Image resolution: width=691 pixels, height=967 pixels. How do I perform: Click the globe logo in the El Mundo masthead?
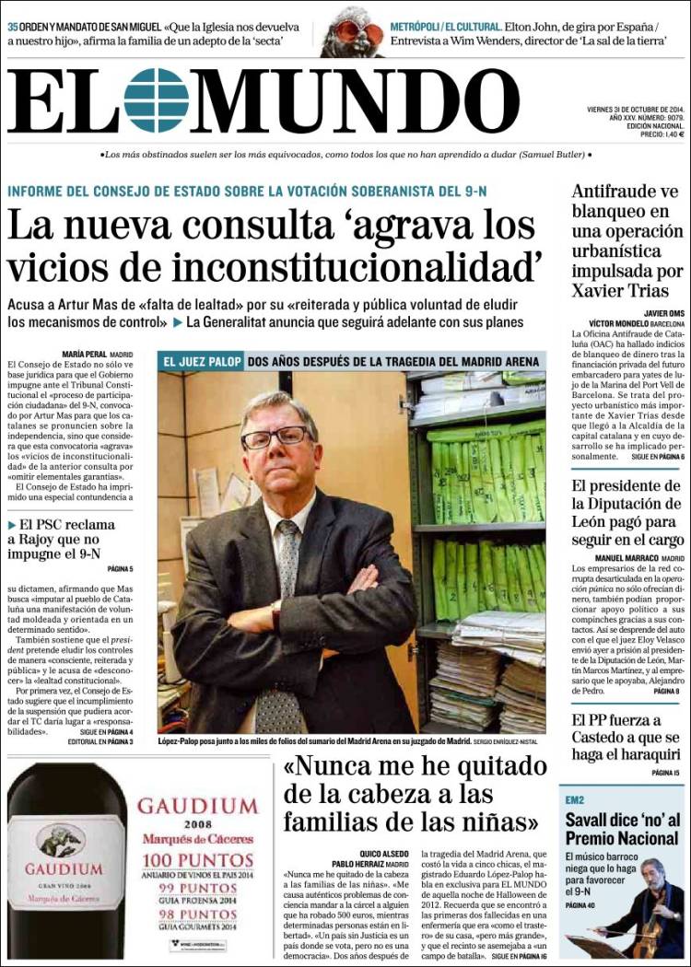(156, 99)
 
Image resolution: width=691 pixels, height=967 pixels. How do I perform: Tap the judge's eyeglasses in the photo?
(275, 436)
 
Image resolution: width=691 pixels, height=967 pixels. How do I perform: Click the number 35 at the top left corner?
(13, 27)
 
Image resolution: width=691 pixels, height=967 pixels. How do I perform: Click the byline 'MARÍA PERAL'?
(84, 354)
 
